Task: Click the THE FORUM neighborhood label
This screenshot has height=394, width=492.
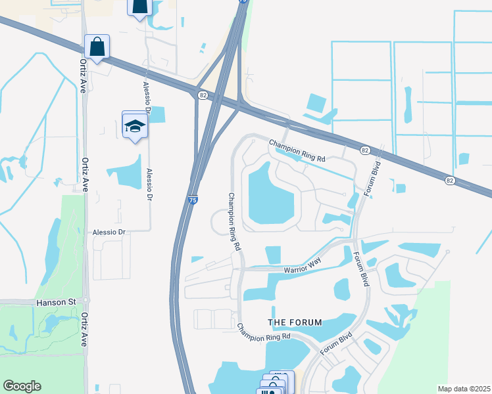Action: tap(295, 322)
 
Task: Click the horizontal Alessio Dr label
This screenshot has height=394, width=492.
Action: tap(109, 232)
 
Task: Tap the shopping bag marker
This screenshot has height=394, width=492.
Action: tap(97, 47)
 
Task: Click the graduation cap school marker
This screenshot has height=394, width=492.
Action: tap(135, 125)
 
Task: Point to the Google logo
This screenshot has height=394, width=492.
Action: tap(22, 386)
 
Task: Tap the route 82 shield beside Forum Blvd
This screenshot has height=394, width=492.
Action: tap(365, 150)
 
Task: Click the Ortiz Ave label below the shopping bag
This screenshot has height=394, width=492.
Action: tap(84, 74)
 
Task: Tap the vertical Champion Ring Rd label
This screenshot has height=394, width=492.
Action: tap(234, 221)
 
